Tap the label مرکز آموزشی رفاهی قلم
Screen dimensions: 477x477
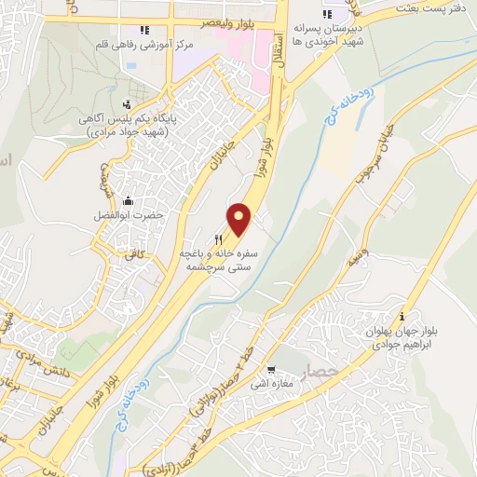coord(137,44)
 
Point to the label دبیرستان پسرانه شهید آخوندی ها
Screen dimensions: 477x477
coord(324,35)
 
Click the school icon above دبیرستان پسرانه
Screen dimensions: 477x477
coord(327,14)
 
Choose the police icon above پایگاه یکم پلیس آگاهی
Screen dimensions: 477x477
coord(127,103)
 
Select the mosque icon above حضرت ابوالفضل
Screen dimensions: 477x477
coord(127,199)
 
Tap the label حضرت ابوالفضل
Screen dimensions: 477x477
coord(131,214)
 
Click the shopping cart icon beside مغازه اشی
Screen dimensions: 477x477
coord(271,369)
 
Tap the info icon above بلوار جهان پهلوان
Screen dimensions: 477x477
coord(401,316)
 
